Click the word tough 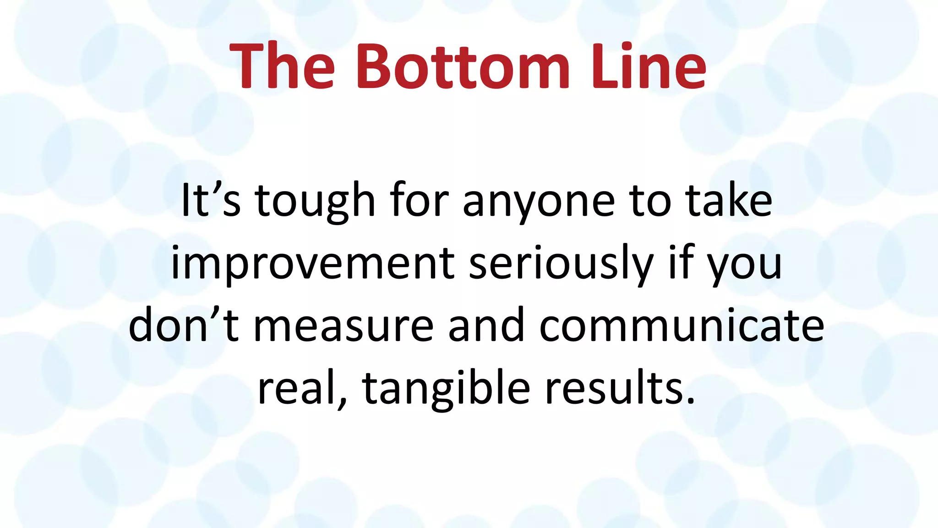(315, 202)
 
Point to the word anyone (539, 202)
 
